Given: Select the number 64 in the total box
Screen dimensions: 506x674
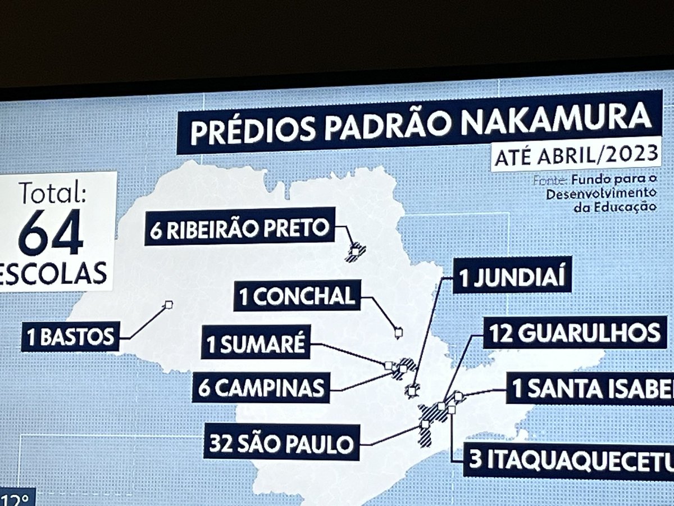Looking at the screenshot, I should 51,232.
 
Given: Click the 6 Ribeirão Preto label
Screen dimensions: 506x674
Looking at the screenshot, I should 240,228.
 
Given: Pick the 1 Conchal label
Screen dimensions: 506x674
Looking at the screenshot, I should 297,297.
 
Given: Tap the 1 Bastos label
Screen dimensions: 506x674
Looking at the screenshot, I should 70,337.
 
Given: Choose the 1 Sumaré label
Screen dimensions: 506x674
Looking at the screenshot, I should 256,343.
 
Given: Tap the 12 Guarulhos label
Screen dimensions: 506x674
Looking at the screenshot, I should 575,334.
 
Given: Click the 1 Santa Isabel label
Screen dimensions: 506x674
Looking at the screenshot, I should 590,388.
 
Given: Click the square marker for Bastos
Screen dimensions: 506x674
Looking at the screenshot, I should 168,305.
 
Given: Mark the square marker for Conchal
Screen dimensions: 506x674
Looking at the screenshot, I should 398,332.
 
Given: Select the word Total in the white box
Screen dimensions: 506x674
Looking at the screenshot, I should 52,194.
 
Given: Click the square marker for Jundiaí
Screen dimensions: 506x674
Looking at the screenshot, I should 413,388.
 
